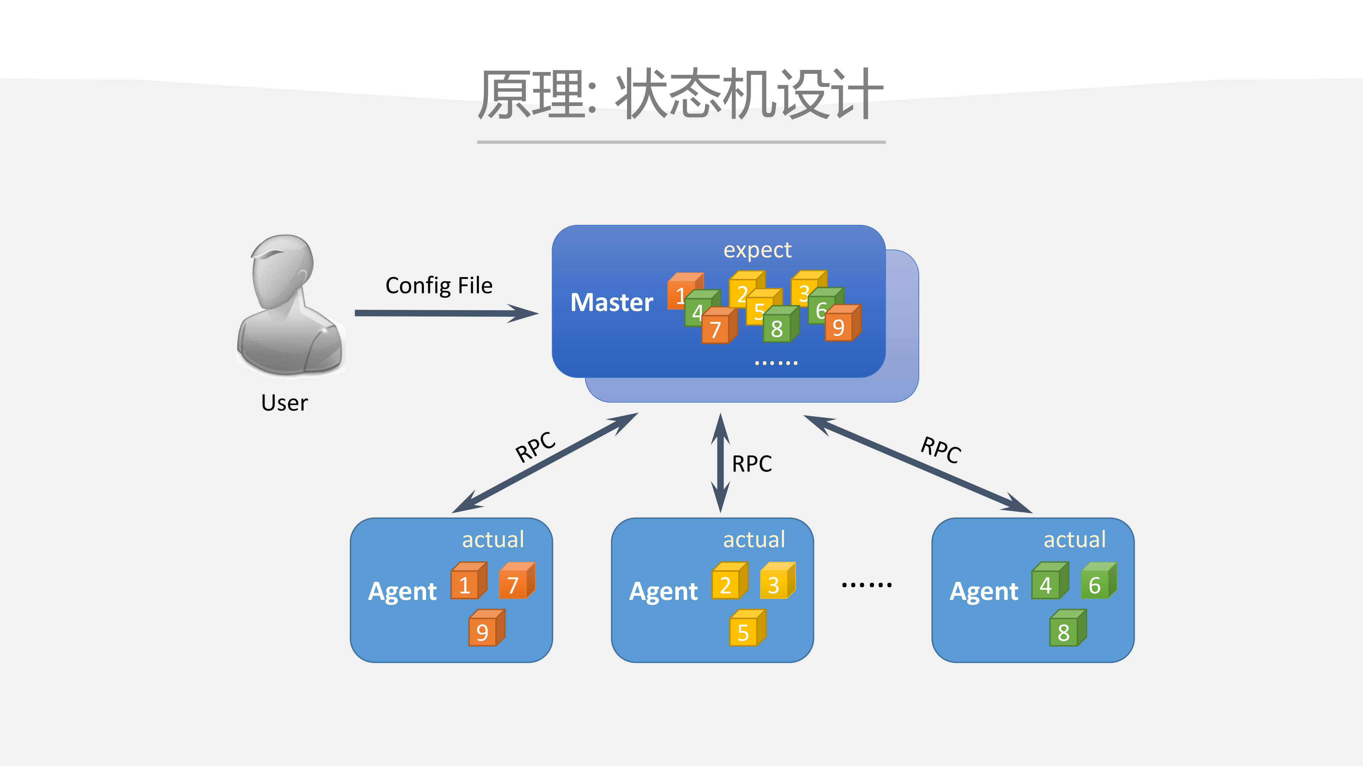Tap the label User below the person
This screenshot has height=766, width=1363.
[284, 403]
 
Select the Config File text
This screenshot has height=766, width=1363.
[438, 286]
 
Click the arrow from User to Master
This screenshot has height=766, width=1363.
[445, 313]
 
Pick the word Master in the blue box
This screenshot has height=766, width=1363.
[612, 302]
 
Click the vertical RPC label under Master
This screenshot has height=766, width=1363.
[751, 464]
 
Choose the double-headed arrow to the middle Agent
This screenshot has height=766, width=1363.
[720, 463]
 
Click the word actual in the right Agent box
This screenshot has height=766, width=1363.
[1074, 540]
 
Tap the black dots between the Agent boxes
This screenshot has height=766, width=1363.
[867, 585]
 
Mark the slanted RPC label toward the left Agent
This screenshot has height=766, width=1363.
[535, 447]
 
